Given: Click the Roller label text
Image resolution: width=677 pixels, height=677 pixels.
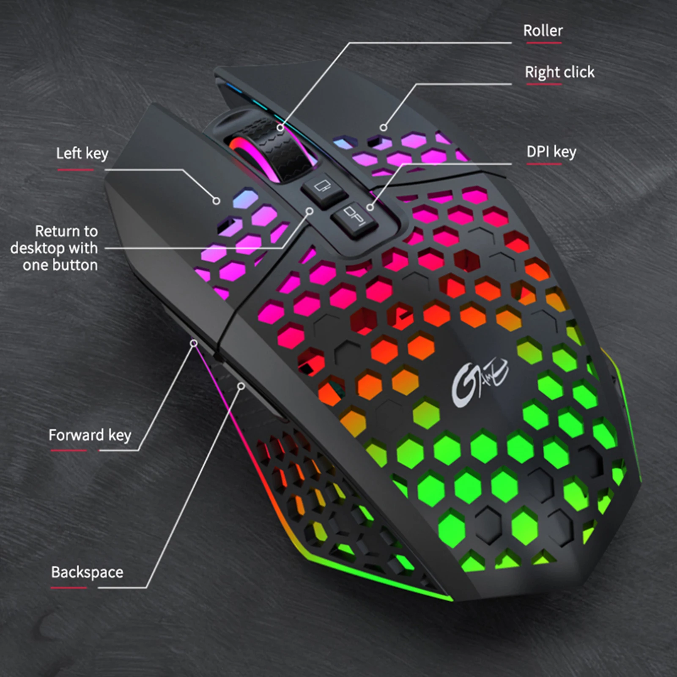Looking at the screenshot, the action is (543, 31).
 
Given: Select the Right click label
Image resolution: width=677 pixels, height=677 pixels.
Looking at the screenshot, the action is (559, 72).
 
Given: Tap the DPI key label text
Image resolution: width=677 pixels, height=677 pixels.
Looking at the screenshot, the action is (551, 152).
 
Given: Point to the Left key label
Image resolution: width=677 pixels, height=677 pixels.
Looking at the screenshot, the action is (82, 153).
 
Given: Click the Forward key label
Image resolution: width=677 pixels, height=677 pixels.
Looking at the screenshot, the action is (90, 435).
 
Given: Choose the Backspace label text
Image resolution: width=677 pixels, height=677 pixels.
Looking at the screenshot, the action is (87, 573).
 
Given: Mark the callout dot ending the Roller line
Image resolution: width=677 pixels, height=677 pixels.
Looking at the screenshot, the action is (280, 127).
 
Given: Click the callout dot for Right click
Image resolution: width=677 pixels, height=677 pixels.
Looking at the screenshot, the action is (384, 127).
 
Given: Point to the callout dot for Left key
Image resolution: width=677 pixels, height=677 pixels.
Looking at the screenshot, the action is (216, 201).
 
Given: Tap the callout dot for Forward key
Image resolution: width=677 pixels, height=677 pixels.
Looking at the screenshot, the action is (194, 343).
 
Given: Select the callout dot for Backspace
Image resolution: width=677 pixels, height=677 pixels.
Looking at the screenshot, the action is (241, 386).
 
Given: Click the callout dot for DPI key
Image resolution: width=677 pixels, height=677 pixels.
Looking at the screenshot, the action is (370, 207).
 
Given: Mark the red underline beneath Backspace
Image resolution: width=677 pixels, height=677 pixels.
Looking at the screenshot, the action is (69, 587).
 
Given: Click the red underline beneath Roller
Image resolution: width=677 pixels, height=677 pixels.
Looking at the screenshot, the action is (544, 43).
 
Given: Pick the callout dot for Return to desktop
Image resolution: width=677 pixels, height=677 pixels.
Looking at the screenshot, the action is (310, 211).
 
